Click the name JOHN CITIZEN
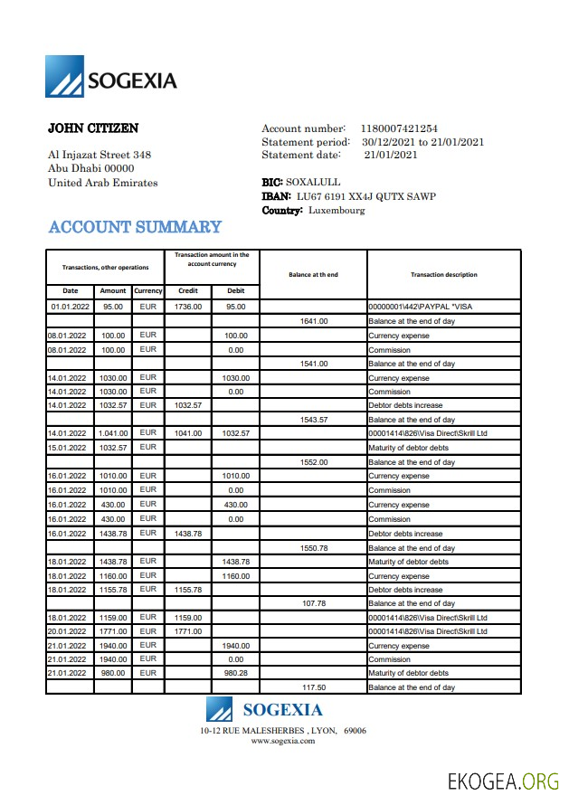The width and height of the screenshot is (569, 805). point(93,128)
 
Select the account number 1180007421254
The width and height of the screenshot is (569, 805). point(399,129)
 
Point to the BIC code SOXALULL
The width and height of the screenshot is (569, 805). point(313,182)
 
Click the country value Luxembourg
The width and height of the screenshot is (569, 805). point(337,211)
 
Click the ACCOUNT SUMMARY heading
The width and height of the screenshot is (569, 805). point(135,227)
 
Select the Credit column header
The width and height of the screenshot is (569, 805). point(188,291)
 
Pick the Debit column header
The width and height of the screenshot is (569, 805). point(235,291)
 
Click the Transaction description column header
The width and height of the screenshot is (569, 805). point(443,275)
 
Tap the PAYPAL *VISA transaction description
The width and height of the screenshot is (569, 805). point(420,307)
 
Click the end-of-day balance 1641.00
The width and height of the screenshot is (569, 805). point(313,321)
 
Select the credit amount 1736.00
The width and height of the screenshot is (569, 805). point(188,307)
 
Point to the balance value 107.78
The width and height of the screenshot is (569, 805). point(313,603)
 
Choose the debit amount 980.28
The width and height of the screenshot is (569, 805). point(235,673)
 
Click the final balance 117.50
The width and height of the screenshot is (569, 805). point(313,687)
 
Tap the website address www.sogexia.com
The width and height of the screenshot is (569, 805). point(283,741)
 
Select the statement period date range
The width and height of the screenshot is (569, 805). point(422,142)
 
